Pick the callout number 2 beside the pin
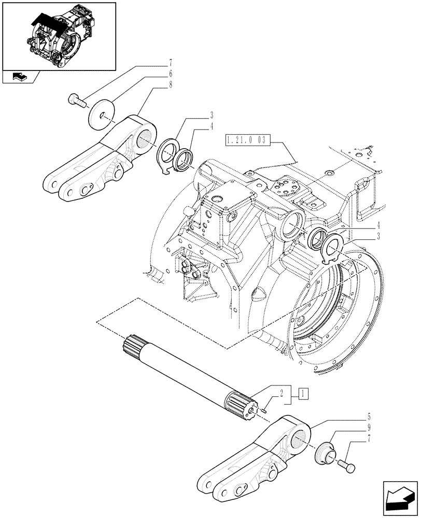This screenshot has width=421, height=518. [x=282, y=393]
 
